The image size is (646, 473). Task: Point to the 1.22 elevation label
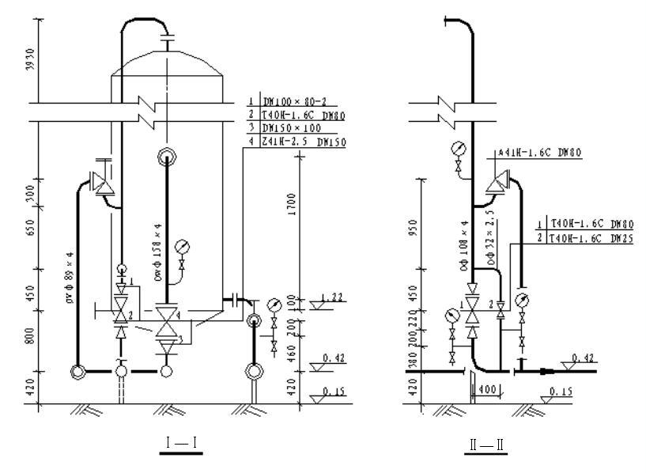pyautogui.click(x=332, y=297)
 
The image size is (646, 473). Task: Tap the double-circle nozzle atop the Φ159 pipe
pyautogui.click(x=167, y=156)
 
